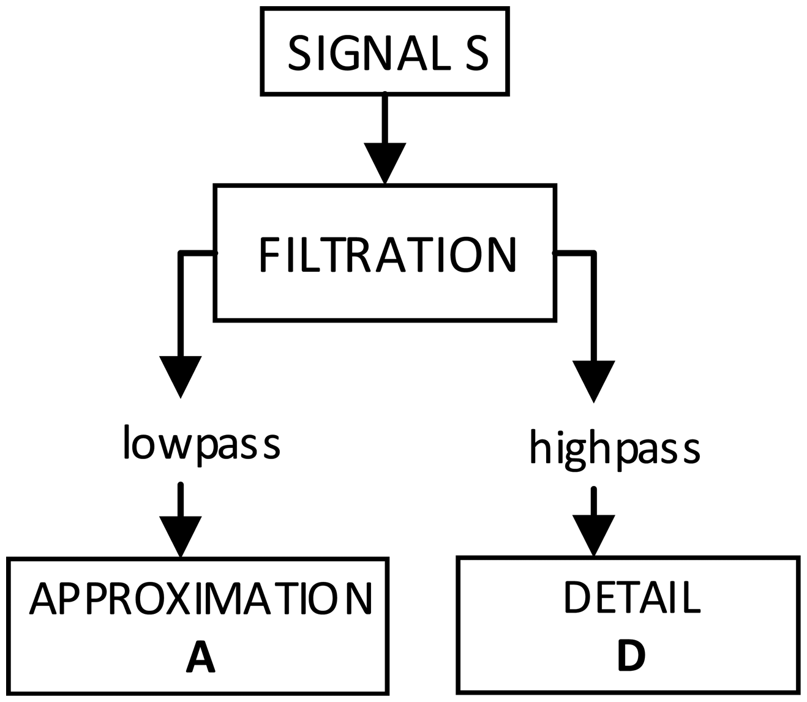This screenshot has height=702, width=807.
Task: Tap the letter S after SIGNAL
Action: (475, 53)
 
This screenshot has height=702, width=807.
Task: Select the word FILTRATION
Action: (388, 255)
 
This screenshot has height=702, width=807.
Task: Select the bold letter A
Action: (200, 656)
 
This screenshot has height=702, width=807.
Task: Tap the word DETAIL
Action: (631, 597)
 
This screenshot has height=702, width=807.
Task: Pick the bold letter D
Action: (631, 655)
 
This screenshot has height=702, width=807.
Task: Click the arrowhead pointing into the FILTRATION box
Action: (385, 162)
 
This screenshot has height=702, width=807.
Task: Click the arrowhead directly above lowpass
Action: (181, 375)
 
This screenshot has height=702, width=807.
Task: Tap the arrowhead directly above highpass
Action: (593, 379)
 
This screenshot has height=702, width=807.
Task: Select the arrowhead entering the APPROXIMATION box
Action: (180, 535)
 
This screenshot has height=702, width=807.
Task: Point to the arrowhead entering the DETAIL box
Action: (593, 534)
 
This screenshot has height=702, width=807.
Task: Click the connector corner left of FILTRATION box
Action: (181, 253)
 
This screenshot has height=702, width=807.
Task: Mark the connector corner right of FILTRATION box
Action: (593, 253)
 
